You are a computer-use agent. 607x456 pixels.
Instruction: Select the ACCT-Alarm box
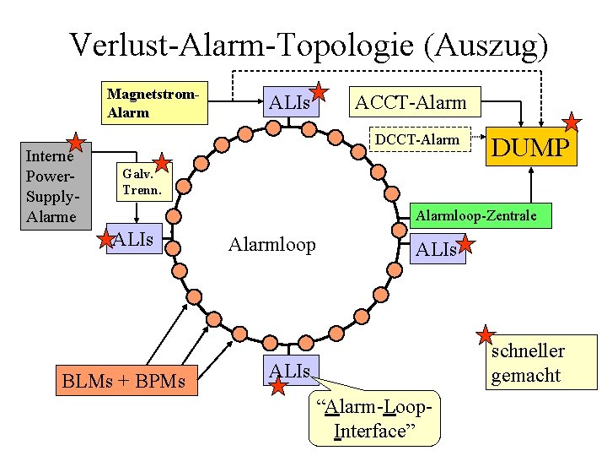click(410, 103)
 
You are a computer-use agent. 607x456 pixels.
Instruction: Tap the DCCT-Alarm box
click(417, 140)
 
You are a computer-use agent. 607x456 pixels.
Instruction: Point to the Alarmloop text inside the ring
click(271, 245)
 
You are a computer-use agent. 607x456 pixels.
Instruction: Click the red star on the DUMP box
click(572, 122)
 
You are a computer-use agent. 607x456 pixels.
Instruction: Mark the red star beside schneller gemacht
click(487, 336)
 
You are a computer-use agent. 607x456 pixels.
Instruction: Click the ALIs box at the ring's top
click(289, 103)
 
